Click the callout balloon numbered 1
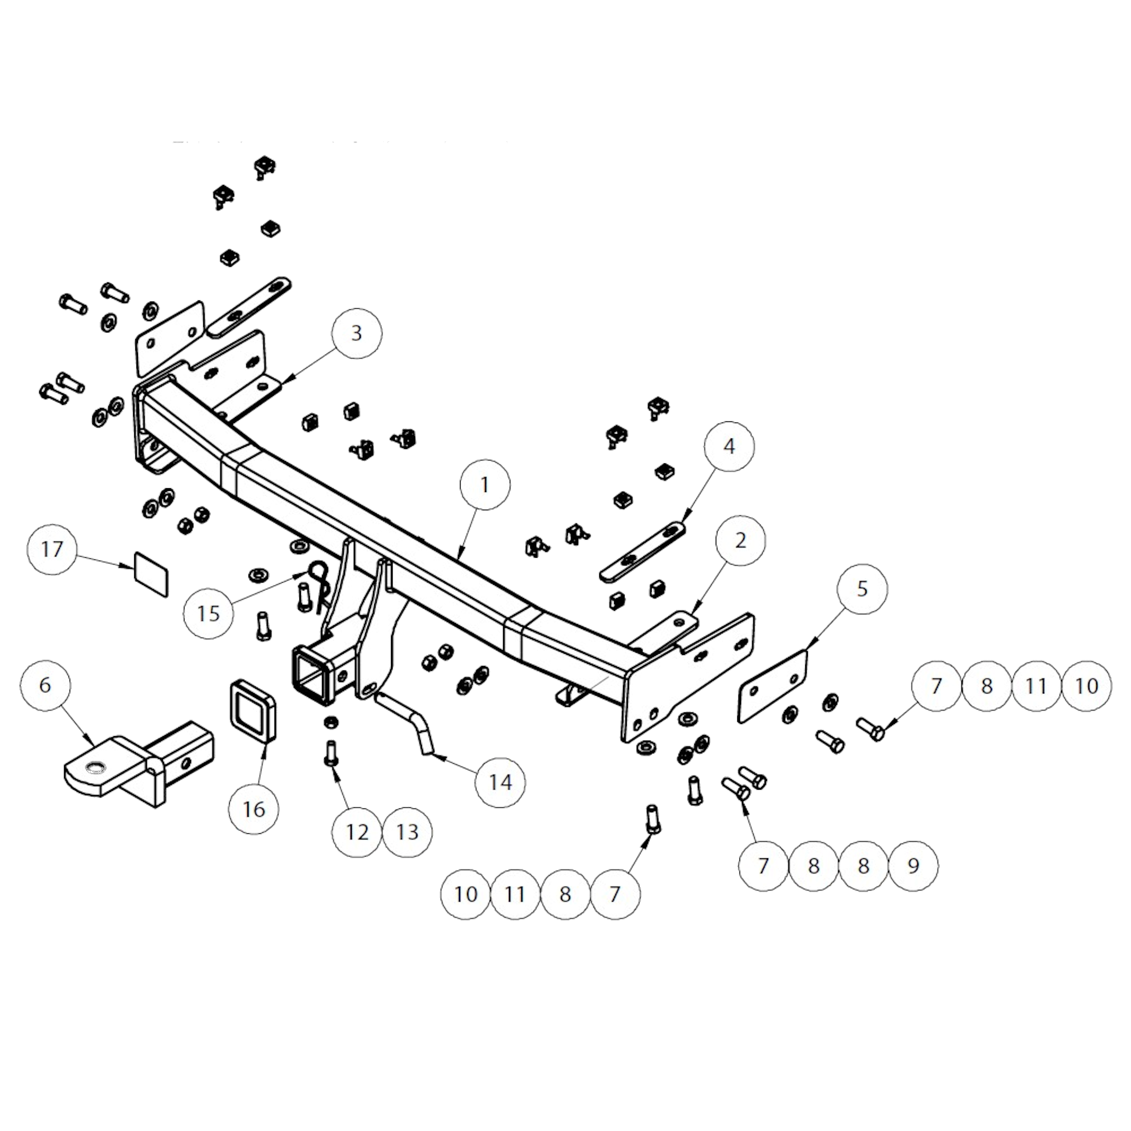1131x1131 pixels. point(485,485)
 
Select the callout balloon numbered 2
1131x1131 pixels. point(740,540)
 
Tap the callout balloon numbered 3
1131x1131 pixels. point(357,333)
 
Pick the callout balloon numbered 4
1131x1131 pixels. point(729,446)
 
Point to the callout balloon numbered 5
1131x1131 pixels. point(862,589)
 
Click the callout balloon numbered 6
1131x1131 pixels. point(45,685)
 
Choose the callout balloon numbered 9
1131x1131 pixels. point(913,866)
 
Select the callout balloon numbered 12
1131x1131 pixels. point(357,832)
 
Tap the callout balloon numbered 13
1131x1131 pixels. point(408,832)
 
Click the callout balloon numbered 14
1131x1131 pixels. point(500,783)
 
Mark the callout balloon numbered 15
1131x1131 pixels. point(208,614)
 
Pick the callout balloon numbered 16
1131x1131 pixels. point(254,809)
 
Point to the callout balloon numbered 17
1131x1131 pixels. point(52,549)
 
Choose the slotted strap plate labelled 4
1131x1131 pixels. point(643,552)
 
